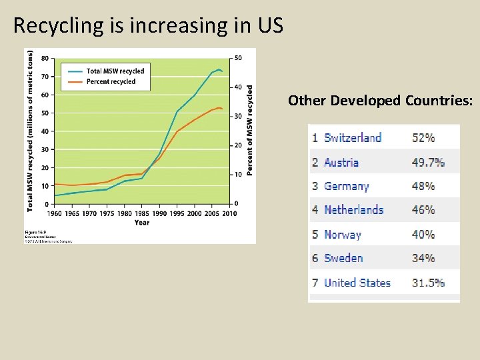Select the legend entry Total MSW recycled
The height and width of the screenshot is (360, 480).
pos(115,71)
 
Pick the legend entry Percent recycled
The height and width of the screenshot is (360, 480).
pos(111,82)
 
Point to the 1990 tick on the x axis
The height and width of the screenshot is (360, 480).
pos(159,213)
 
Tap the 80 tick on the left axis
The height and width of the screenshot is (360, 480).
pos(44,58)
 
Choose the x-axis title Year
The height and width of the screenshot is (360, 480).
pos(142,222)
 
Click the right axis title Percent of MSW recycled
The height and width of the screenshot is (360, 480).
pos(250,130)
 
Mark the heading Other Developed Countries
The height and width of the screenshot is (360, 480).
pos(381,101)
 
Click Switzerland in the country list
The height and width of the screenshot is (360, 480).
pos(353,138)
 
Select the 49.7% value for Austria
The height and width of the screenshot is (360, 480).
pos(428,162)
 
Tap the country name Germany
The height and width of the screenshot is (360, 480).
pos(346,186)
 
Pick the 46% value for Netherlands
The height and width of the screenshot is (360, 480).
pos(423,210)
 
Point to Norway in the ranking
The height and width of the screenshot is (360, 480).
pos(342,234)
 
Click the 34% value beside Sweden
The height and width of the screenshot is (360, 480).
pos(423,258)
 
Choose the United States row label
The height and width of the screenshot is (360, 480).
pos(357,283)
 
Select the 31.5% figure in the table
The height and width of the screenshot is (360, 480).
pos(428,283)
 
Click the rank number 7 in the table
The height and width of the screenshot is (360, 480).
pos(315,283)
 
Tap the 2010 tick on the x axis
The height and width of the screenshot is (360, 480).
pos(229,213)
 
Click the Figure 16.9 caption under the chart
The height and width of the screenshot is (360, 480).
pos(35,231)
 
